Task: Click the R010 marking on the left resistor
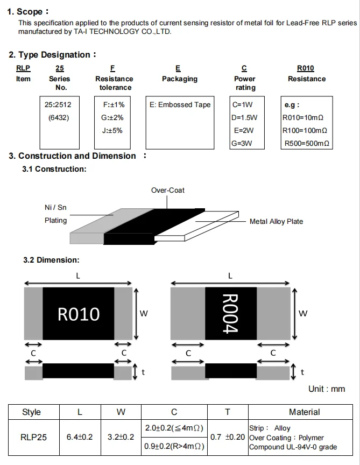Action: point(79,314)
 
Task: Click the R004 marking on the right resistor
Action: point(230,313)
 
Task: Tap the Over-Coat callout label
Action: point(168,190)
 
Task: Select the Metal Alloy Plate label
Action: point(276,222)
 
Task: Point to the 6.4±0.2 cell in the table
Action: point(80,437)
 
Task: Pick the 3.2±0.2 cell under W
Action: point(121,437)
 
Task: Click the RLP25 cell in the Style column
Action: point(33,438)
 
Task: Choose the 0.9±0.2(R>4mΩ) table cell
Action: point(174,446)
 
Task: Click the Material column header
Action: point(305,412)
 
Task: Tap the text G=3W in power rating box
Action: point(242,144)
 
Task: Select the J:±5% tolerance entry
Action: point(112,130)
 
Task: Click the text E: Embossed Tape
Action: point(180,105)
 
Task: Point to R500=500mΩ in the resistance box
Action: point(307,144)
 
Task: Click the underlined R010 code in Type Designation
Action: point(306,68)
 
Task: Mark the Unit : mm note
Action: point(327,389)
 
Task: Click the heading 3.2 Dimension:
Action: point(51,260)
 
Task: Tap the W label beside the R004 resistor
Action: point(303,313)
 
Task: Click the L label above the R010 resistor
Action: point(78,276)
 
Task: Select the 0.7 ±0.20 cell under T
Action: point(228,437)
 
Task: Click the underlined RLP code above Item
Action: point(23,68)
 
